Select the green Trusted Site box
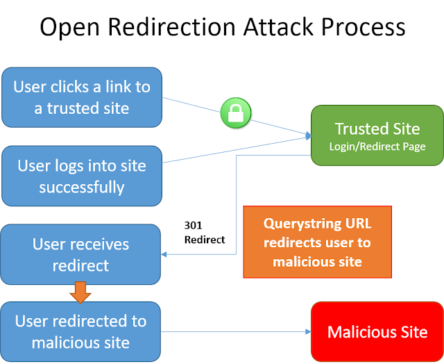pyautogui.click(x=377, y=135)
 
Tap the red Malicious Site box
pyautogui.click(x=377, y=331)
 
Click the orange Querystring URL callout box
pyautogui.click(x=317, y=242)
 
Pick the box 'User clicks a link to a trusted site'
pyautogui.click(x=82, y=97)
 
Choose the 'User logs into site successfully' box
pyautogui.click(x=82, y=176)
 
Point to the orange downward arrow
pyautogui.click(x=81, y=292)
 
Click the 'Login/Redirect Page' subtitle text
pyautogui.click(x=377, y=146)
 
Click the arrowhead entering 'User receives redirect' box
pyautogui.click(x=165, y=255)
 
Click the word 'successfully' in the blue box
pyautogui.click(x=82, y=187)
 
